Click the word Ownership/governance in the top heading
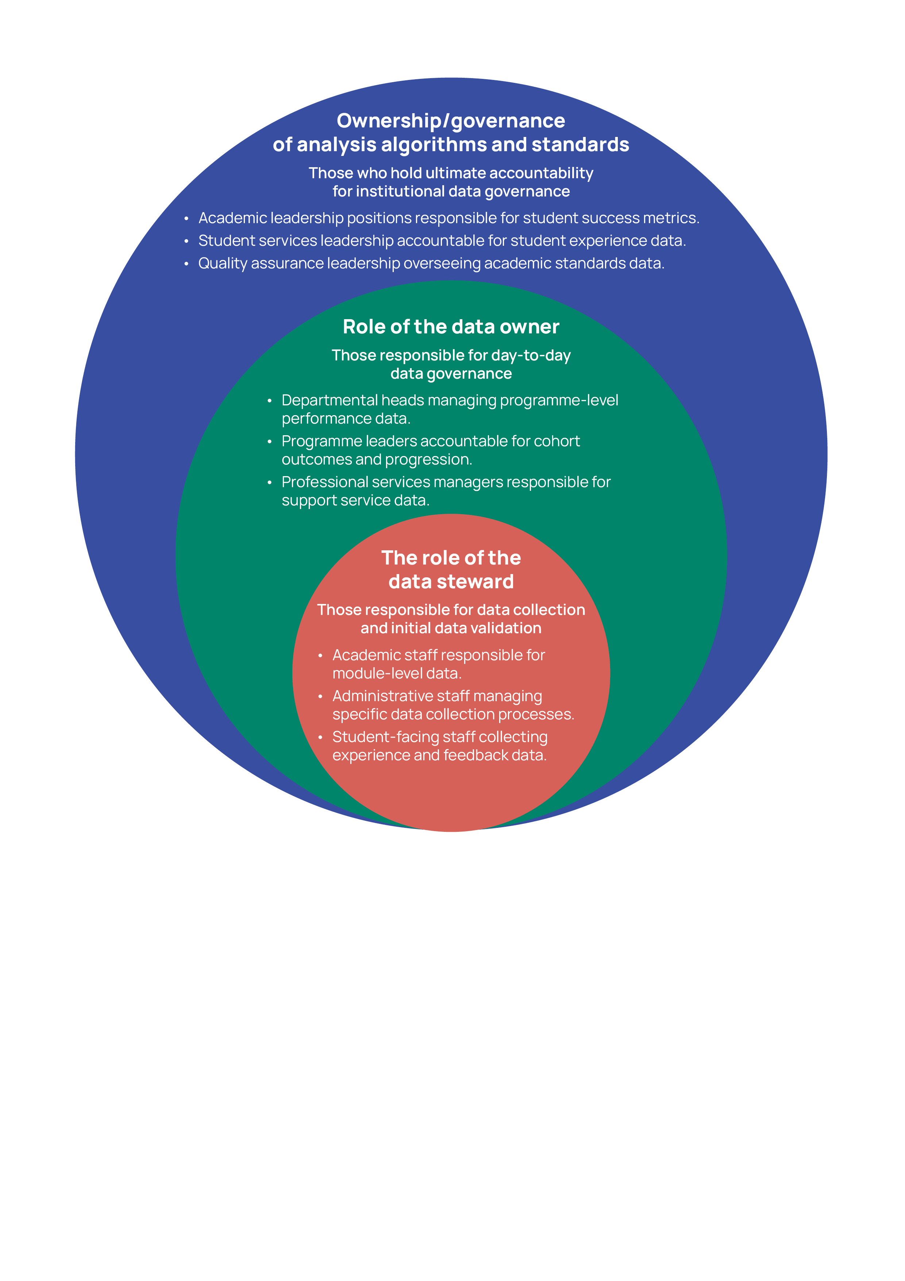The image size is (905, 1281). tap(451, 121)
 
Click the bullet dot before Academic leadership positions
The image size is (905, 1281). tap(186, 218)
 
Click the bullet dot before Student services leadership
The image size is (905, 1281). tap(186, 241)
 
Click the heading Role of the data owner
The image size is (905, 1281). tap(451, 327)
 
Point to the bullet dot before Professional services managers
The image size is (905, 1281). tap(269, 482)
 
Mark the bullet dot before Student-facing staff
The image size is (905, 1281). tap(320, 737)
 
